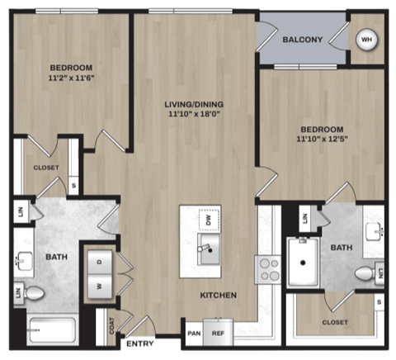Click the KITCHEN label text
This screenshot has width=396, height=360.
(218, 295)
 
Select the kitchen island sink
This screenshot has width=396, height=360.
(209, 248)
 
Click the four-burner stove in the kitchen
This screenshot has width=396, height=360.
(270, 269)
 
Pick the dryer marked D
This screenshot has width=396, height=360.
(100, 262)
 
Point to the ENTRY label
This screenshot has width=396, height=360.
(138, 343)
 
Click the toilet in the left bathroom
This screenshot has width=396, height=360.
(33, 292)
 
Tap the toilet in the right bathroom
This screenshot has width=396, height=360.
(365, 273)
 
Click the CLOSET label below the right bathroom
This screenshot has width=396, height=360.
(333, 322)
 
